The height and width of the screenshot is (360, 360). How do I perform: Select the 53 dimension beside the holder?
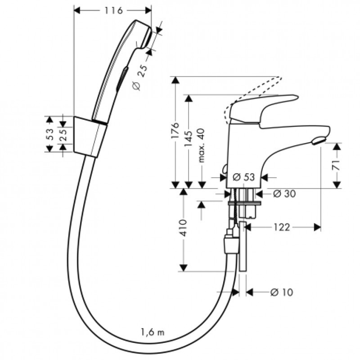point(50,134)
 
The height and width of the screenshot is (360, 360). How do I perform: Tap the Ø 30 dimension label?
point(283,193)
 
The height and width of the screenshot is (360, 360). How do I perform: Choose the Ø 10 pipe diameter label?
point(282,292)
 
